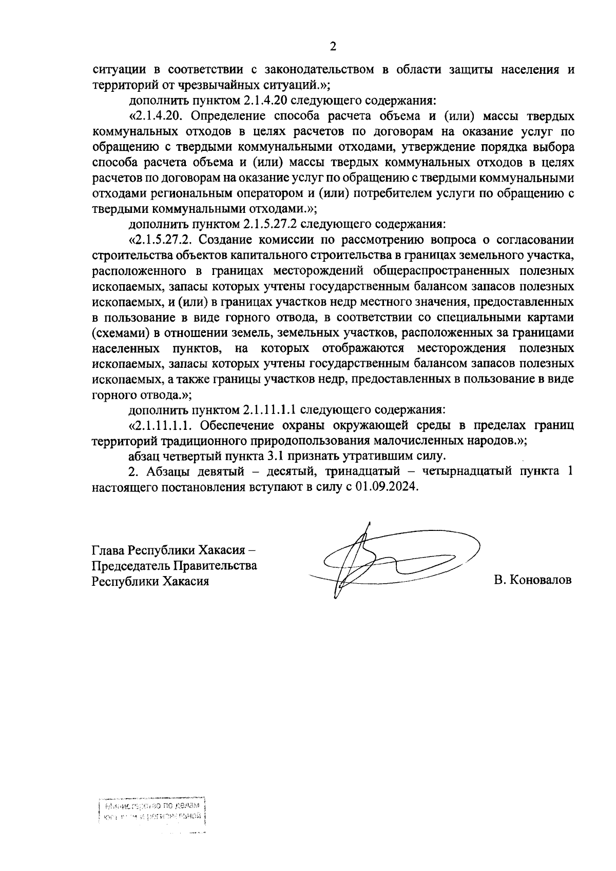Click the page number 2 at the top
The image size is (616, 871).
tap(333, 47)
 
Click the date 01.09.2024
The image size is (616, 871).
tap(381, 487)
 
